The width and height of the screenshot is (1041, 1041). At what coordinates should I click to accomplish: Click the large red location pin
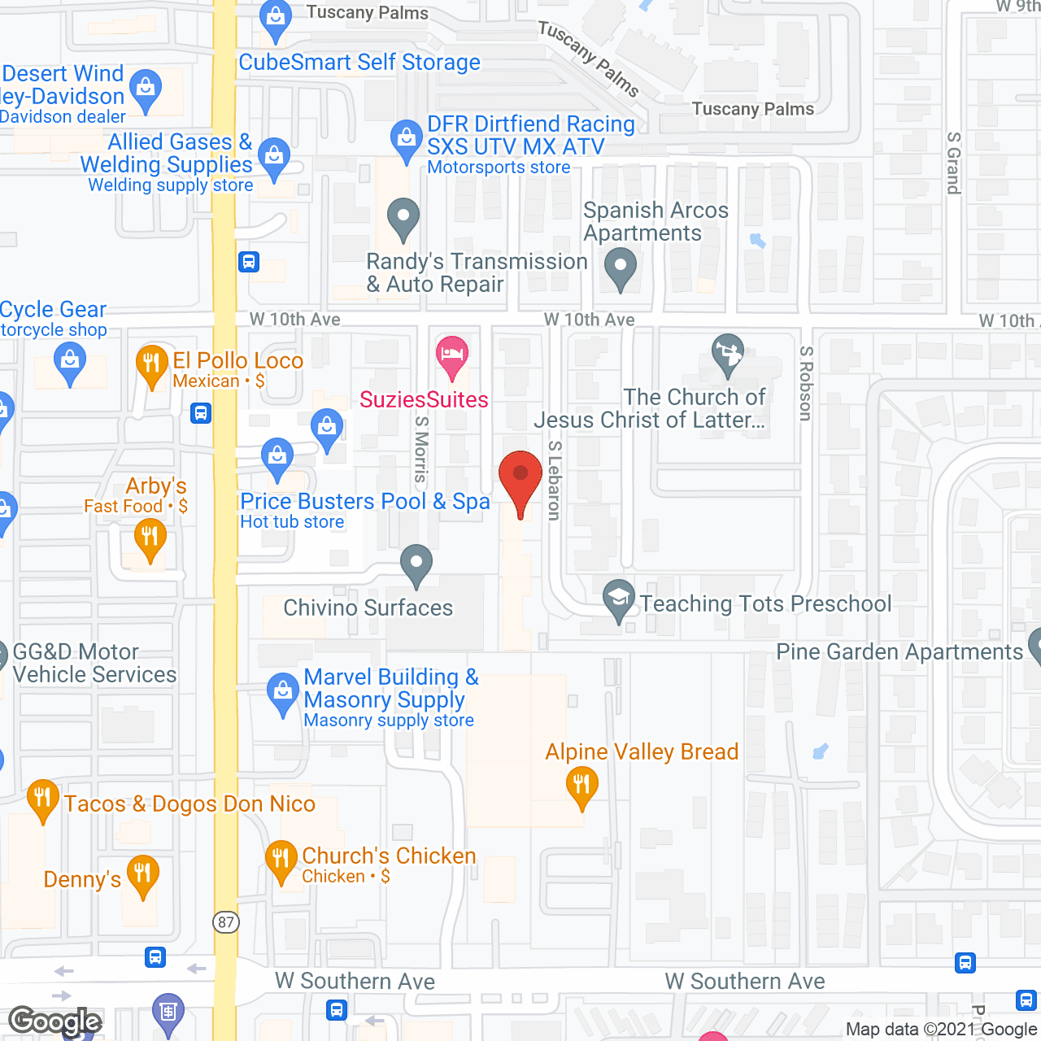coord(520,480)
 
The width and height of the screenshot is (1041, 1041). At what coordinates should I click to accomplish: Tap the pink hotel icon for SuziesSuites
coord(452,355)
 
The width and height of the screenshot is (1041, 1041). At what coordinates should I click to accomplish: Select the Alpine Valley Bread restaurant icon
coord(581,786)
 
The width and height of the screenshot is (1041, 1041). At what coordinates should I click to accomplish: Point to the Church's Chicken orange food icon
coord(281,860)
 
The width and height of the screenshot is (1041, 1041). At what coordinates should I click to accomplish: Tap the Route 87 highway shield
coord(226,922)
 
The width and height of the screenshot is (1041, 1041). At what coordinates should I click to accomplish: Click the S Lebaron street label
coord(555,480)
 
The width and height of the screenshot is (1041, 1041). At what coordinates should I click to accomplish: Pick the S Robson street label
coord(806,383)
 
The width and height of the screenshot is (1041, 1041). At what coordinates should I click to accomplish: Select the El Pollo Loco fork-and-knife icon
coord(151,364)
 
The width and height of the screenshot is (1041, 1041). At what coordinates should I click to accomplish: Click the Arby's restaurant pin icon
coord(150,538)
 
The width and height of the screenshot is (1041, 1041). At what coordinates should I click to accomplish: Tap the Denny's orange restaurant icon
coord(143,876)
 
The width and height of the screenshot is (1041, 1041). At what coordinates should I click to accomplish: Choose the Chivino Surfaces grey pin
coord(416,564)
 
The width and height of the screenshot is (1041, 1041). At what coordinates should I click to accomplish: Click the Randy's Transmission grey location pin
coord(403,218)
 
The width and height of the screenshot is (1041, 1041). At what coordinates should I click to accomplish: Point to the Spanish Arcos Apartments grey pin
coord(621,267)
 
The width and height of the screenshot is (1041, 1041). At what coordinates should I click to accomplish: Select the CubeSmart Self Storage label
coord(359,63)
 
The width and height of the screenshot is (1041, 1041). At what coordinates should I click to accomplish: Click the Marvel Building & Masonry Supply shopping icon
coord(283,693)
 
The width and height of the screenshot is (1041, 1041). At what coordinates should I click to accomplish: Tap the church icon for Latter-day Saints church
coord(728,355)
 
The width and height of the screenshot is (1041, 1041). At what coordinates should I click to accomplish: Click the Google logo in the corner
coord(55,1021)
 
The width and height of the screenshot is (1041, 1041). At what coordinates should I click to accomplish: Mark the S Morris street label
coord(420,449)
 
